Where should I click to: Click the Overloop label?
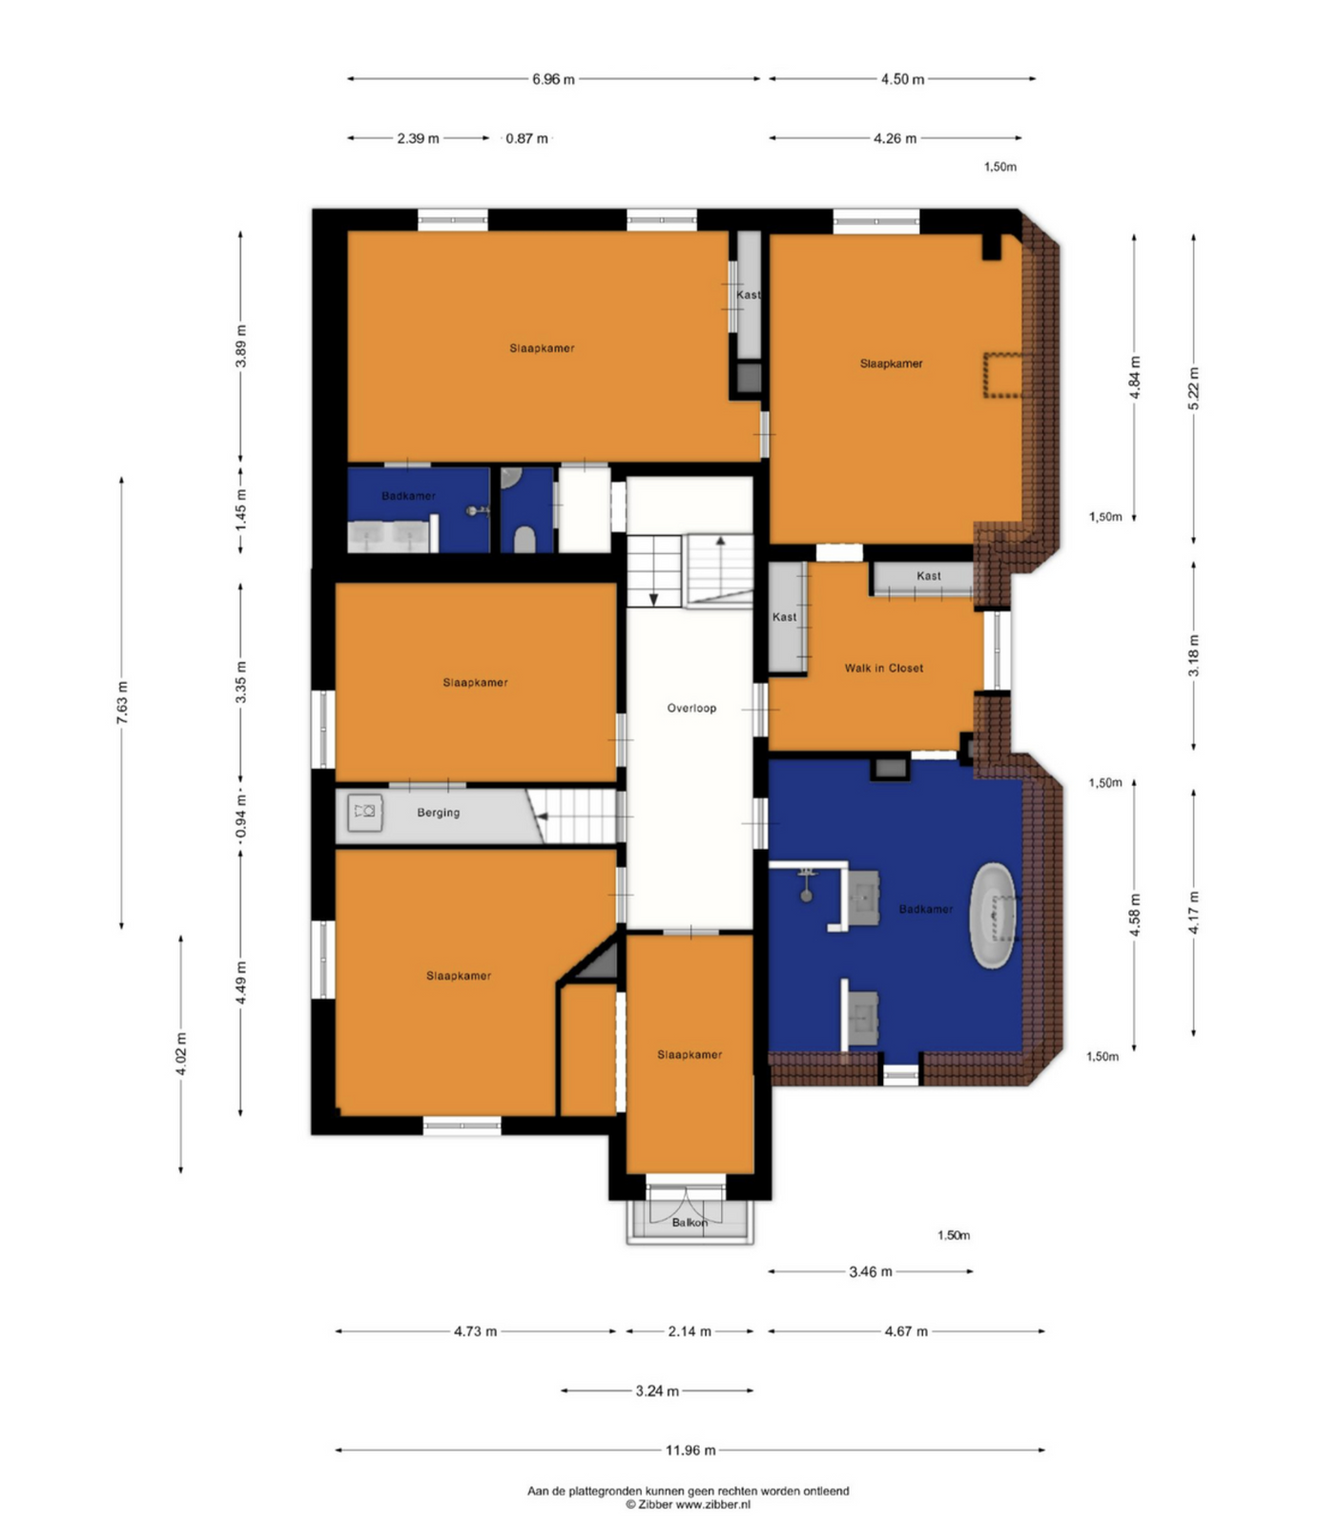691,708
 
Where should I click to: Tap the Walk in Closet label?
884,668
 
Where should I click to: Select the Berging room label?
439,813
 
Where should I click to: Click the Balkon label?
690,1222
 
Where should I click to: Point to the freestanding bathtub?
994,916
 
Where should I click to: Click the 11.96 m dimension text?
690,1450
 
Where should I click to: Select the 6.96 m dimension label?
553,79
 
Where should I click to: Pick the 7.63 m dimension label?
122,702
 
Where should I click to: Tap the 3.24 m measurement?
657,1391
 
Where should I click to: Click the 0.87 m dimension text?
526,138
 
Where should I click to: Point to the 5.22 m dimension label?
1194,388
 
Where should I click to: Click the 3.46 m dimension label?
871,1271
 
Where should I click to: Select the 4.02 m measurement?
181,1054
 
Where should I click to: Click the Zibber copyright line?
688,1504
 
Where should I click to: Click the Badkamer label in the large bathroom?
925,909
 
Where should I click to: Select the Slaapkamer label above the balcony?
690,1055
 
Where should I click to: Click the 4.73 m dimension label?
475,1331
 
